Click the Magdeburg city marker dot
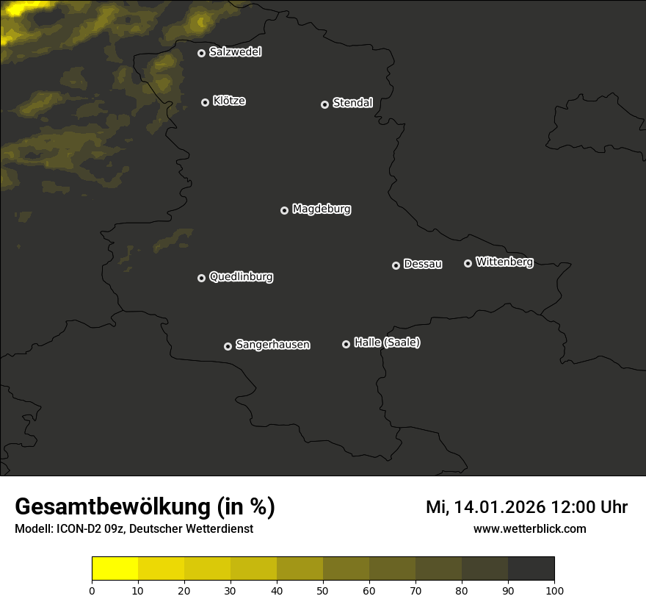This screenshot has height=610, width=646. point(284,210)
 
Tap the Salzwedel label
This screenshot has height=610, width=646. point(235,52)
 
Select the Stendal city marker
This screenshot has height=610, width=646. point(324,104)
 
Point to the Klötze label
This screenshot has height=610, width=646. point(229,101)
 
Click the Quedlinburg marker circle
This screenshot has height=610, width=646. point(201,278)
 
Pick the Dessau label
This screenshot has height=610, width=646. point(423,265)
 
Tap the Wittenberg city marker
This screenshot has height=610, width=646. point(468,263)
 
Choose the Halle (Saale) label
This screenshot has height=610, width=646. point(387,342)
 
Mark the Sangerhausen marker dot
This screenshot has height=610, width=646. point(228,346)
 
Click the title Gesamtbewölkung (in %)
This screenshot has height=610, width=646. point(145,507)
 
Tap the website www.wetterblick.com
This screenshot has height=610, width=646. point(530,528)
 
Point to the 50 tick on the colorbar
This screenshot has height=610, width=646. point(323,590)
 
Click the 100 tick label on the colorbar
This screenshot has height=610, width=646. point(554,590)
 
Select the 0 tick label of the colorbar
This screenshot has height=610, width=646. point(92,590)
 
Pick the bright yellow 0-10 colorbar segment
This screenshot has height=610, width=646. point(115,569)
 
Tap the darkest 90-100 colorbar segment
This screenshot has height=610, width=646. point(531,569)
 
